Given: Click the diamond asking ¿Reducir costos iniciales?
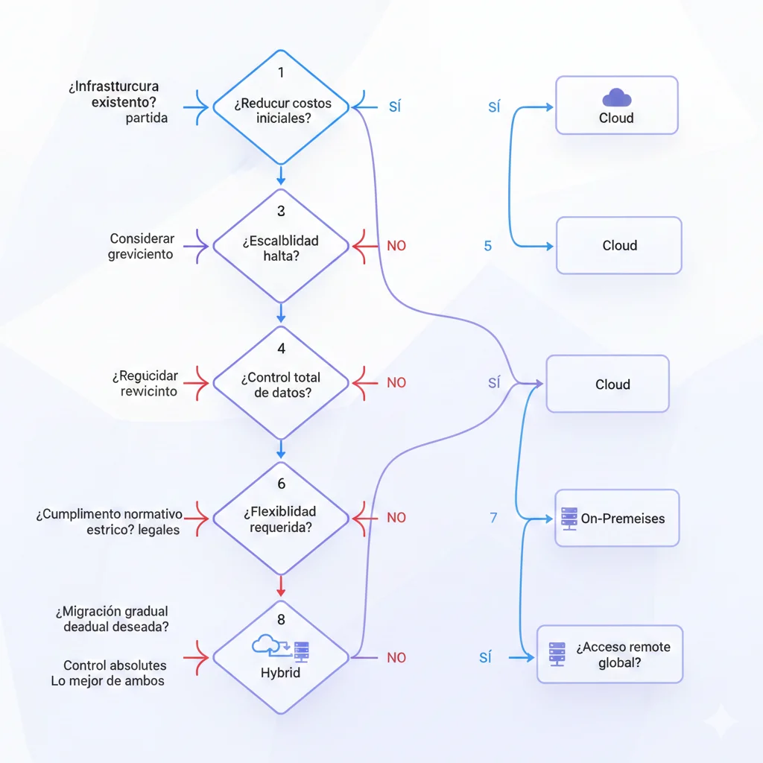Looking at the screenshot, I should click(x=281, y=107).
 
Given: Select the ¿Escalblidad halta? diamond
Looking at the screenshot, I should click(x=281, y=245).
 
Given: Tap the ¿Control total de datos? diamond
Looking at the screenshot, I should click(x=281, y=383).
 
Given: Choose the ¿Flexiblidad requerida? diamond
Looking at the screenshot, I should click(x=281, y=517).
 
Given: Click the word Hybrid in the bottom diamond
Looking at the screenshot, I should click(x=280, y=673).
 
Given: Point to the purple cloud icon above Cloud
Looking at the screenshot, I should click(x=616, y=98).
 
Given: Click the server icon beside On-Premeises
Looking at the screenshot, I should click(x=569, y=518).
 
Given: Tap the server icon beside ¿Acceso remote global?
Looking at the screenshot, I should click(x=557, y=654).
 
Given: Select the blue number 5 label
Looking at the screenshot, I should click(x=488, y=246).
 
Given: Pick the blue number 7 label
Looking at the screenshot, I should click(x=493, y=517).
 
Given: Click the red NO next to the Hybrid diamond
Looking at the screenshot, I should click(x=396, y=658).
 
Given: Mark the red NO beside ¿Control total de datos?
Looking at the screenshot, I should click(x=396, y=383).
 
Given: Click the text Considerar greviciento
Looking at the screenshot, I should click(x=142, y=247).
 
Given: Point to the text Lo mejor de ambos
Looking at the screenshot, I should click(x=108, y=680).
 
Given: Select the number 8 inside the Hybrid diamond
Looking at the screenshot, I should click(x=281, y=620).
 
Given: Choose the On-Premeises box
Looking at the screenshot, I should click(x=617, y=518).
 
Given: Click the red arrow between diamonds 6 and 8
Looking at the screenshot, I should click(x=281, y=583).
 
